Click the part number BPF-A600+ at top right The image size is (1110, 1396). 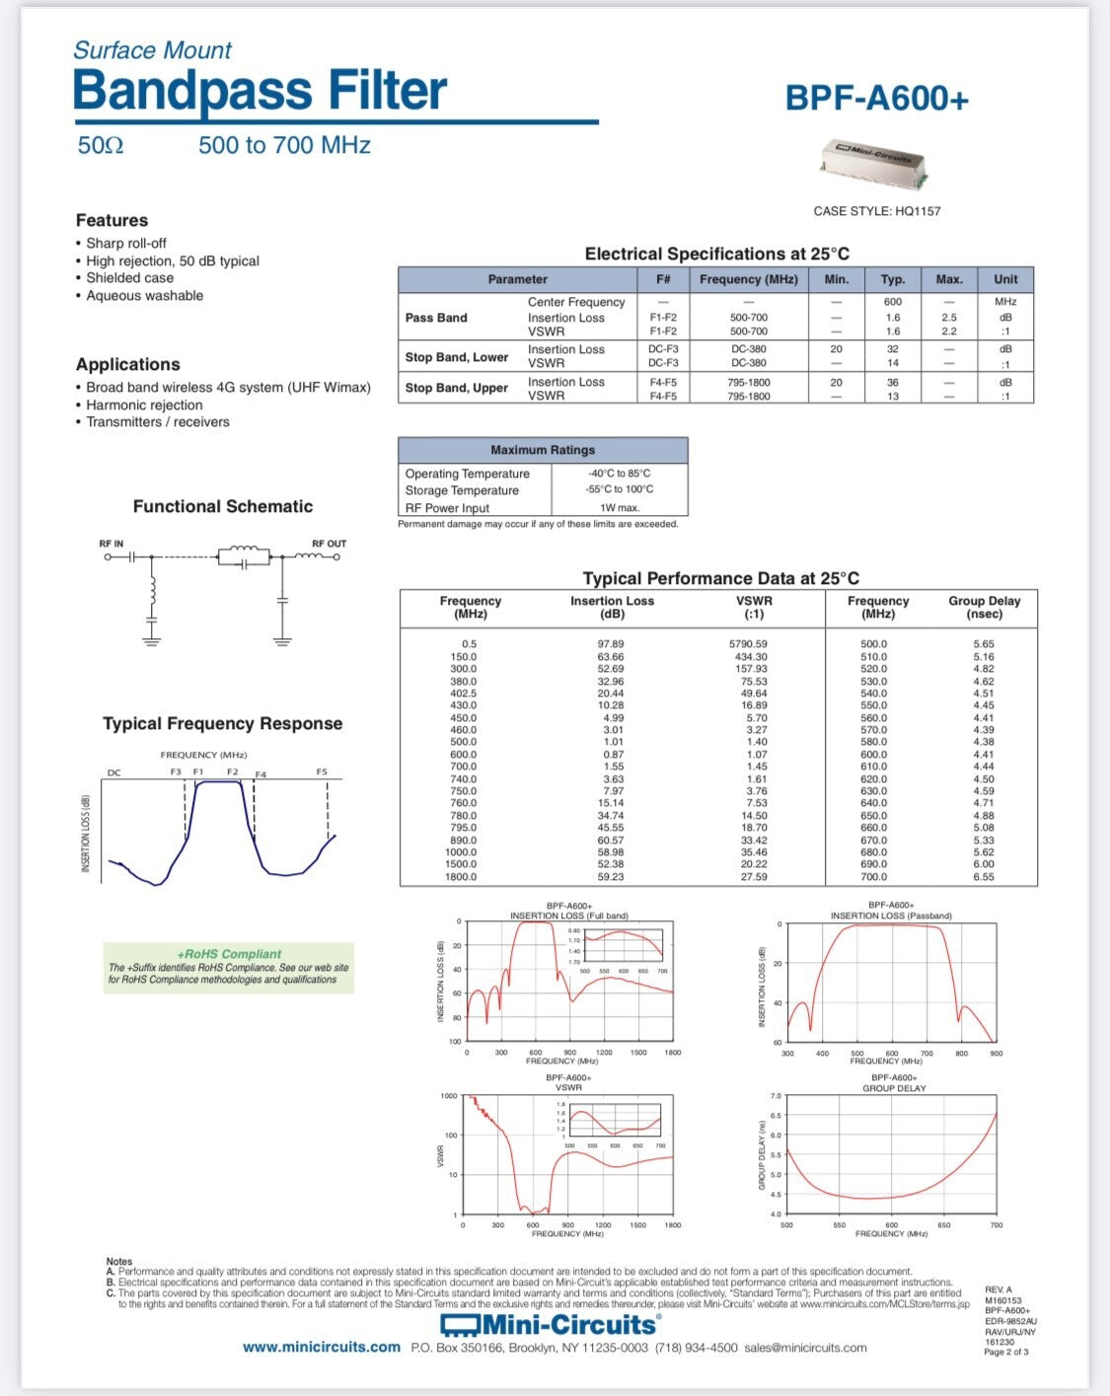[876, 98]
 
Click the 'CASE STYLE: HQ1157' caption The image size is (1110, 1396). [876, 211]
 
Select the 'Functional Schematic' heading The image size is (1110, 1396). [223, 506]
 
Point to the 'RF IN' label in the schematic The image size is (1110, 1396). [111, 544]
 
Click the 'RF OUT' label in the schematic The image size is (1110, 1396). [330, 544]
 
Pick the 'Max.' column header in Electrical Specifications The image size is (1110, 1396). [949, 279]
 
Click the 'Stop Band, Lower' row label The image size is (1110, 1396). [457, 357]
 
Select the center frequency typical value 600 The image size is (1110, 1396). [893, 302]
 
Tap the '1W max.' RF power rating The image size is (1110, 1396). [620, 508]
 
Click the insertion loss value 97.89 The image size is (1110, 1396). [611, 644]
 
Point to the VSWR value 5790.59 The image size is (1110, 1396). [748, 644]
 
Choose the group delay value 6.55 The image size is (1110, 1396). [984, 877]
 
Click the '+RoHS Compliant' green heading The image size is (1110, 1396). [229, 954]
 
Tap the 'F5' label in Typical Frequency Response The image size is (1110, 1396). [322, 771]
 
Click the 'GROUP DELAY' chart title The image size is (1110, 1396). [894, 1088]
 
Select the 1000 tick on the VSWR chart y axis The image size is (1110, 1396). [449, 1096]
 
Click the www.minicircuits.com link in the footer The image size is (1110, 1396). [322, 1348]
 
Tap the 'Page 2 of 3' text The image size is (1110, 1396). [1005, 1352]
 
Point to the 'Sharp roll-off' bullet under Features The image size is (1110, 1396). [126, 243]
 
